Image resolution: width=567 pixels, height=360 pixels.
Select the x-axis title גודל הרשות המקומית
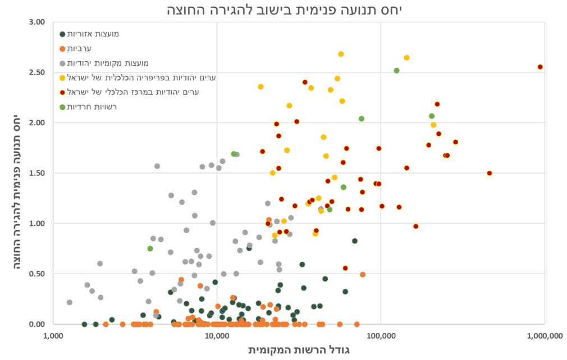coord(299,350)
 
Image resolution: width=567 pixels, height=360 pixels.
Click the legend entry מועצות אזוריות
coord(93,34)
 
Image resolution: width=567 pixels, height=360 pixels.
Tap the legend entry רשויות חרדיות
coord(93,107)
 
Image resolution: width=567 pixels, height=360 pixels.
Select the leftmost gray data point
coord(70,302)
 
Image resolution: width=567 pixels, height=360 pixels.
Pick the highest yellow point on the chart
coord(341,54)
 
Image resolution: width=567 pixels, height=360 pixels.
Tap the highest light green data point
coord(396,71)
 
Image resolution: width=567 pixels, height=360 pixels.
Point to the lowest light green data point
coord(150,248)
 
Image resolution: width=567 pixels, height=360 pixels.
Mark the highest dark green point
coord(355,241)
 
